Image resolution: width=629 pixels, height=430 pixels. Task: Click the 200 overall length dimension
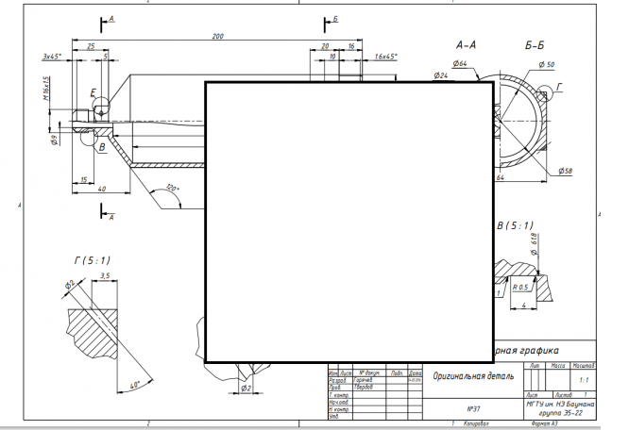[x=217, y=36]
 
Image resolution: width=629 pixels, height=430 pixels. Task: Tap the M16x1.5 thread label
[x=45, y=91]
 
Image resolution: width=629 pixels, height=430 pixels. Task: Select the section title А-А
[x=466, y=44]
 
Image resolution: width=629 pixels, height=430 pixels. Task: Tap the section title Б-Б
[x=534, y=44]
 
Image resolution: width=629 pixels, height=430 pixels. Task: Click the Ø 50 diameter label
[x=547, y=63]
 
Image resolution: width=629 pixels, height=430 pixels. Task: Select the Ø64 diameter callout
[x=460, y=63]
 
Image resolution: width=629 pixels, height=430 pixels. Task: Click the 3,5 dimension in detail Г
[x=105, y=276]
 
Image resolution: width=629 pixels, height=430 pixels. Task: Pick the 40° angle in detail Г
[x=134, y=385]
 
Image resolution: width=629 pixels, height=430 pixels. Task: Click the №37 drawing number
[x=475, y=408]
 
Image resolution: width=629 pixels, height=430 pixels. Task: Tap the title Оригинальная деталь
[x=472, y=375]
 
